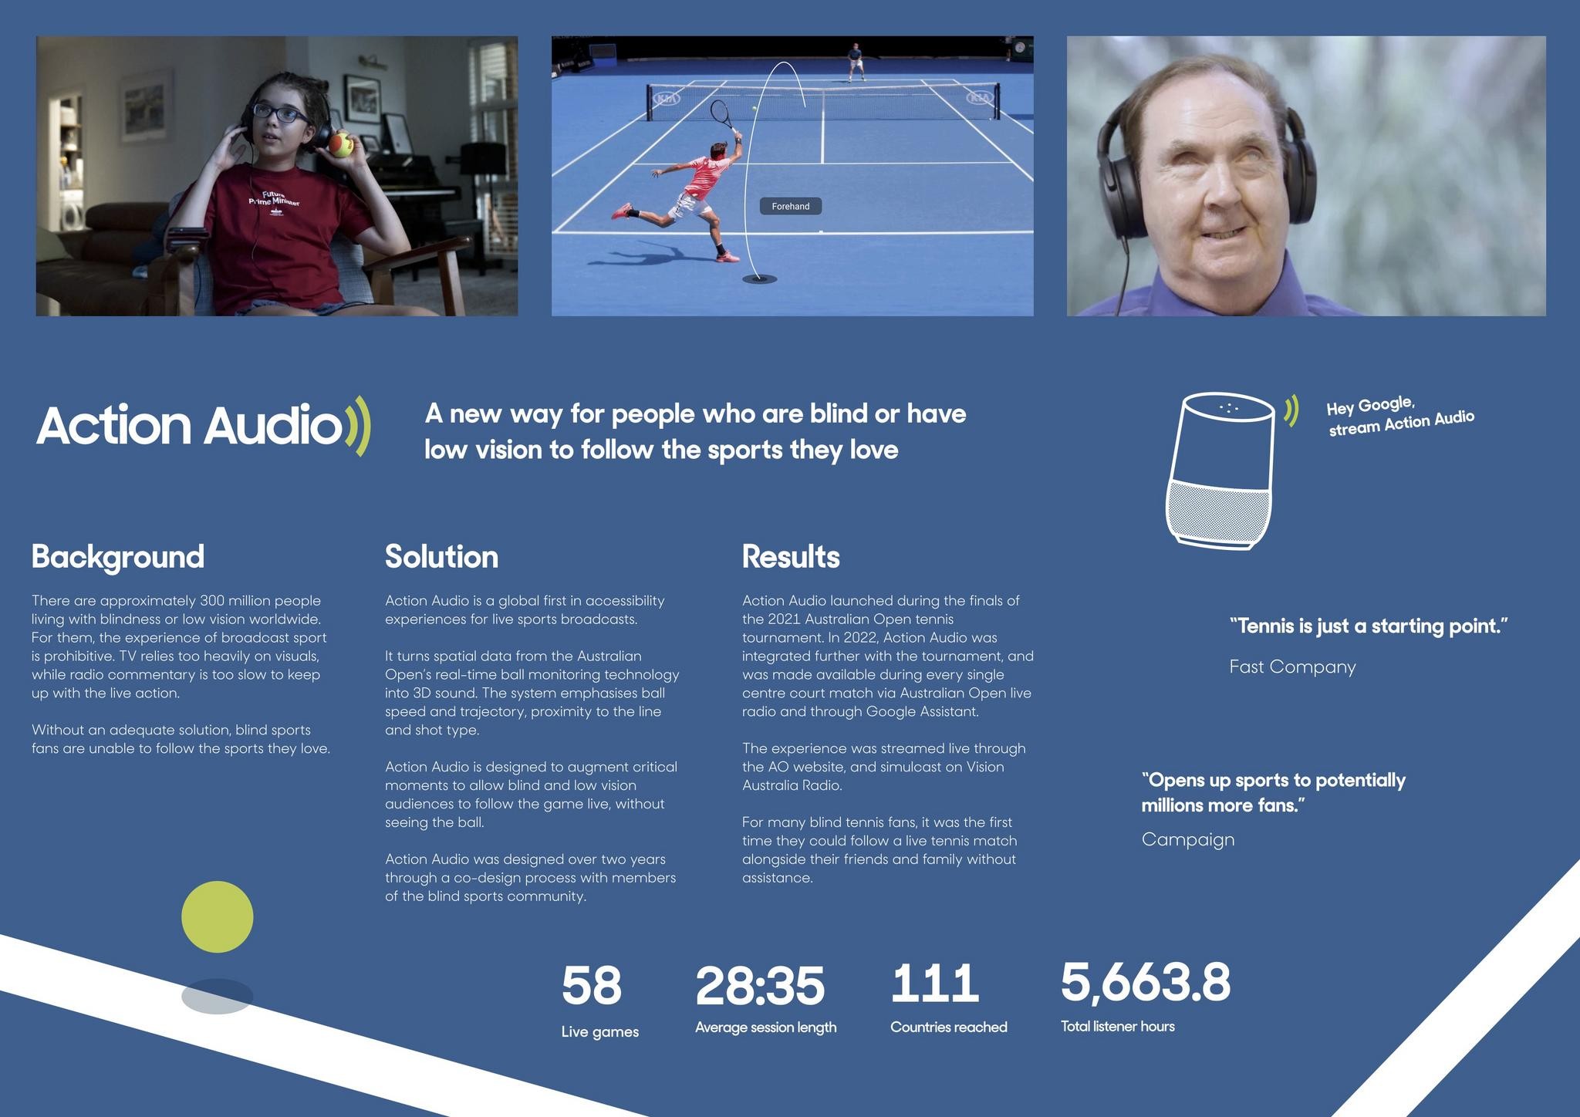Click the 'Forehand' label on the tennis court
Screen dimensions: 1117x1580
pos(790,206)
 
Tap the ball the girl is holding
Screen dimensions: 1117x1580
pos(340,144)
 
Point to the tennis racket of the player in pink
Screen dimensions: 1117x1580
pos(721,116)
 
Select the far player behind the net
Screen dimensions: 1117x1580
pos(855,61)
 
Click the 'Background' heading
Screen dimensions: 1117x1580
pos(118,556)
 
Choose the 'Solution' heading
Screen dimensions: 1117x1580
pos(441,556)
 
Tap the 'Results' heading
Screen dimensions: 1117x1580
pos(791,556)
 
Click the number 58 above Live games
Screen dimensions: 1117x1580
pos(591,985)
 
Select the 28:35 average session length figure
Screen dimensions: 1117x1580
pos(759,985)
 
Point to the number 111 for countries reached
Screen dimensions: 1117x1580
pos(934,984)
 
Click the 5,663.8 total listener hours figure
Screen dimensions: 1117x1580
pos(1145,982)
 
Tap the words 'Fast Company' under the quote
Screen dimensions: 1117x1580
pos(1292,666)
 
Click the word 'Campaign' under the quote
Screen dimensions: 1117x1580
pos(1188,839)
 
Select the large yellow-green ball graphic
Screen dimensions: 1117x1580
pos(217,916)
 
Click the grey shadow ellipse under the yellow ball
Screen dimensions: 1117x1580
pos(217,996)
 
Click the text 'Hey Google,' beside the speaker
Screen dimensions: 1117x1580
pos(1370,406)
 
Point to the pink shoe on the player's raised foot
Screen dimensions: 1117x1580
pos(620,211)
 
